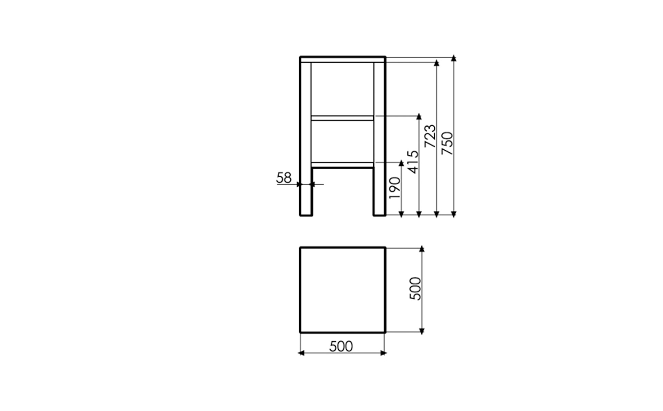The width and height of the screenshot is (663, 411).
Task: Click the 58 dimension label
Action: click(x=284, y=178)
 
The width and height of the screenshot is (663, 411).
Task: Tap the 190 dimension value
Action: click(x=395, y=188)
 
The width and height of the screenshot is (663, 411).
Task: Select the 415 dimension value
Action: click(x=413, y=162)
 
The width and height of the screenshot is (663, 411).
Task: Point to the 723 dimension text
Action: click(x=430, y=136)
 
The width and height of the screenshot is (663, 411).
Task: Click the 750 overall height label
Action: click(x=447, y=143)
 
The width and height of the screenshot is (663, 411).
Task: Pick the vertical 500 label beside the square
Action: click(x=415, y=289)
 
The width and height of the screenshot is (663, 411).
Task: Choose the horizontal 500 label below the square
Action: click(x=341, y=347)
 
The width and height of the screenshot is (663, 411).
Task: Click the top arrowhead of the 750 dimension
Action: click(x=454, y=58)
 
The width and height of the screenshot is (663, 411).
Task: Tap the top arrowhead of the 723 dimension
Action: click(x=436, y=63)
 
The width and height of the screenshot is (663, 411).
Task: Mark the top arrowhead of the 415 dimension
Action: click(x=419, y=116)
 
